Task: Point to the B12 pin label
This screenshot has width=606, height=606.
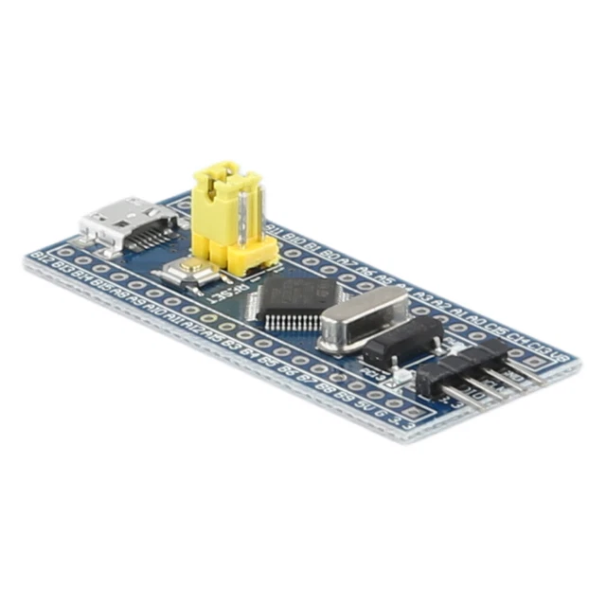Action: pos(40,257)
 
